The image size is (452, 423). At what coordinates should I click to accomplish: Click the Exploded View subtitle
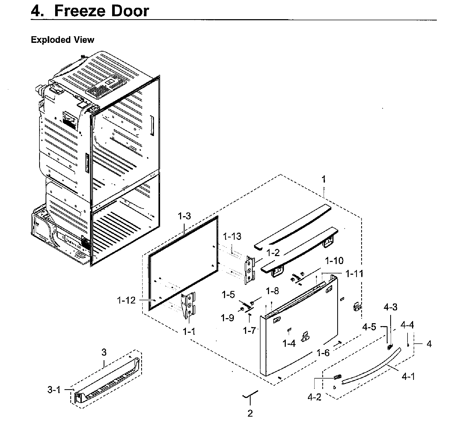(x=62, y=40)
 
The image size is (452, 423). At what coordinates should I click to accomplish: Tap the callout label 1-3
(x=184, y=216)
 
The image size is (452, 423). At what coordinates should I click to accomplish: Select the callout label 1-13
(x=232, y=236)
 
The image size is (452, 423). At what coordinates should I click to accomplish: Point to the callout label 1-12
(x=126, y=301)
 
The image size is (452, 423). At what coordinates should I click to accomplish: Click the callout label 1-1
(x=189, y=332)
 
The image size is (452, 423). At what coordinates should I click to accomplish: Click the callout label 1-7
(x=249, y=330)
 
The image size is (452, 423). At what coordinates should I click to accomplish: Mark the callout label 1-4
(x=289, y=344)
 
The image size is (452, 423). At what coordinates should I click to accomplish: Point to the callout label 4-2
(x=314, y=397)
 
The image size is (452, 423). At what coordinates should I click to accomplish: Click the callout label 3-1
(x=54, y=390)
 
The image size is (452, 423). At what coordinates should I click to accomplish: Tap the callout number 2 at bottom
(x=250, y=413)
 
